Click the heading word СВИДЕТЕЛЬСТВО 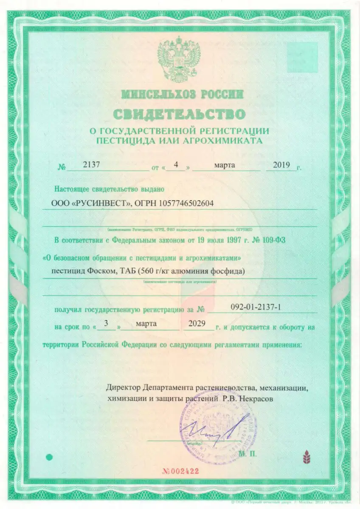point(179,114)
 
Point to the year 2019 point(281,165)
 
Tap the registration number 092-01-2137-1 point(256,307)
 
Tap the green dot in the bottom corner point(49,457)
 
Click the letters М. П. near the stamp point(247,453)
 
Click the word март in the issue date point(225,165)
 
